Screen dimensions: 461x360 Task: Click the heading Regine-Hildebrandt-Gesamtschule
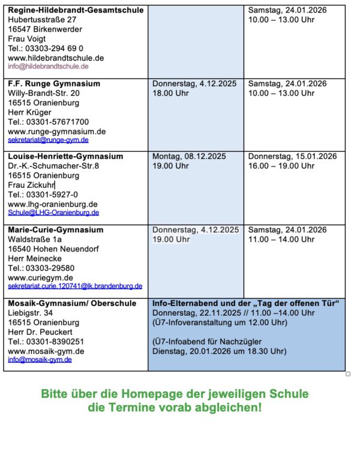pos(76,10)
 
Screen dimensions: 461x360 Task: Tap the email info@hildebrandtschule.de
pos(48,67)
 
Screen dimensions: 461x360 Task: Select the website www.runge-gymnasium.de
pos(57,131)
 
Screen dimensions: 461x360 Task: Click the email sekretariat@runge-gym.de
pos(48,140)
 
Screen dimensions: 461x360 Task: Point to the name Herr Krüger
pos(29,112)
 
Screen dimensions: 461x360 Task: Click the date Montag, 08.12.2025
pos(189,157)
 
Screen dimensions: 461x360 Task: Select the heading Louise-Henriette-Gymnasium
pos(65,157)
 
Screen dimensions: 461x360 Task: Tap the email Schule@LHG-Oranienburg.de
pos(53,212)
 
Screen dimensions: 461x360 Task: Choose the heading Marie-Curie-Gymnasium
pos(55,230)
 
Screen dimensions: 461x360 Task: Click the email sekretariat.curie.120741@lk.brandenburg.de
pos(75,286)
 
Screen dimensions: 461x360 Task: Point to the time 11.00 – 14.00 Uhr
pos(281,240)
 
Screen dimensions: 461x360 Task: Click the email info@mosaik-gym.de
pos(40,360)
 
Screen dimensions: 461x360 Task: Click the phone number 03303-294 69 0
pos(55,48)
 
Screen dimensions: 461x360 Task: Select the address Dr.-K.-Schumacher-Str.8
pos(53,166)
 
